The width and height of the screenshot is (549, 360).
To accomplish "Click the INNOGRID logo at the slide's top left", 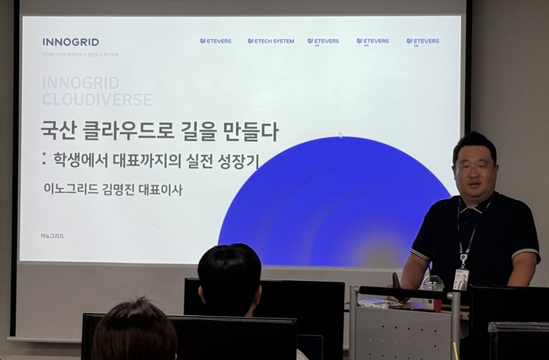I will coord(71,42).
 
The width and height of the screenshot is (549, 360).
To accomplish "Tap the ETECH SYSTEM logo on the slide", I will coord(271,41).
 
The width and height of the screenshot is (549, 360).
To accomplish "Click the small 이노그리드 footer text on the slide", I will coord(53,235).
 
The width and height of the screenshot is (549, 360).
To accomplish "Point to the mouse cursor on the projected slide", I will coord(340,135).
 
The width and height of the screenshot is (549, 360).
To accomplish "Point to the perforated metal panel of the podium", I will coord(400,329).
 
